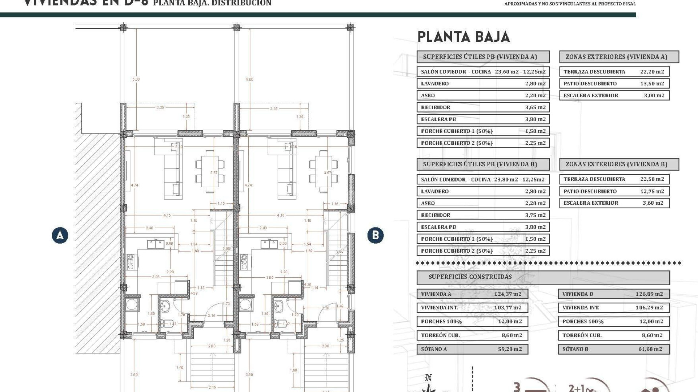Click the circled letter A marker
click(60, 236)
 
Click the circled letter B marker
click(375, 235)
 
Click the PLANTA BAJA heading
click(464, 37)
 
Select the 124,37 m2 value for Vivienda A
click(508, 294)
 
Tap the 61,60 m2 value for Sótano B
click(650, 349)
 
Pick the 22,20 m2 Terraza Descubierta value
click(652, 72)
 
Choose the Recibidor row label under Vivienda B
click(436, 215)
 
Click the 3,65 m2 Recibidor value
click(535, 107)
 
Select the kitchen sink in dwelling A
click(156, 244)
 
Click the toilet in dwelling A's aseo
click(167, 323)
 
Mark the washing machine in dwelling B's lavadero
click(245, 305)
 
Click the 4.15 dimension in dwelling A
click(167, 215)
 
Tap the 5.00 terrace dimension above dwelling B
click(249, 79)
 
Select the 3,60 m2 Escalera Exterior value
click(653, 203)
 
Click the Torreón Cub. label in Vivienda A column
click(440, 335)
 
